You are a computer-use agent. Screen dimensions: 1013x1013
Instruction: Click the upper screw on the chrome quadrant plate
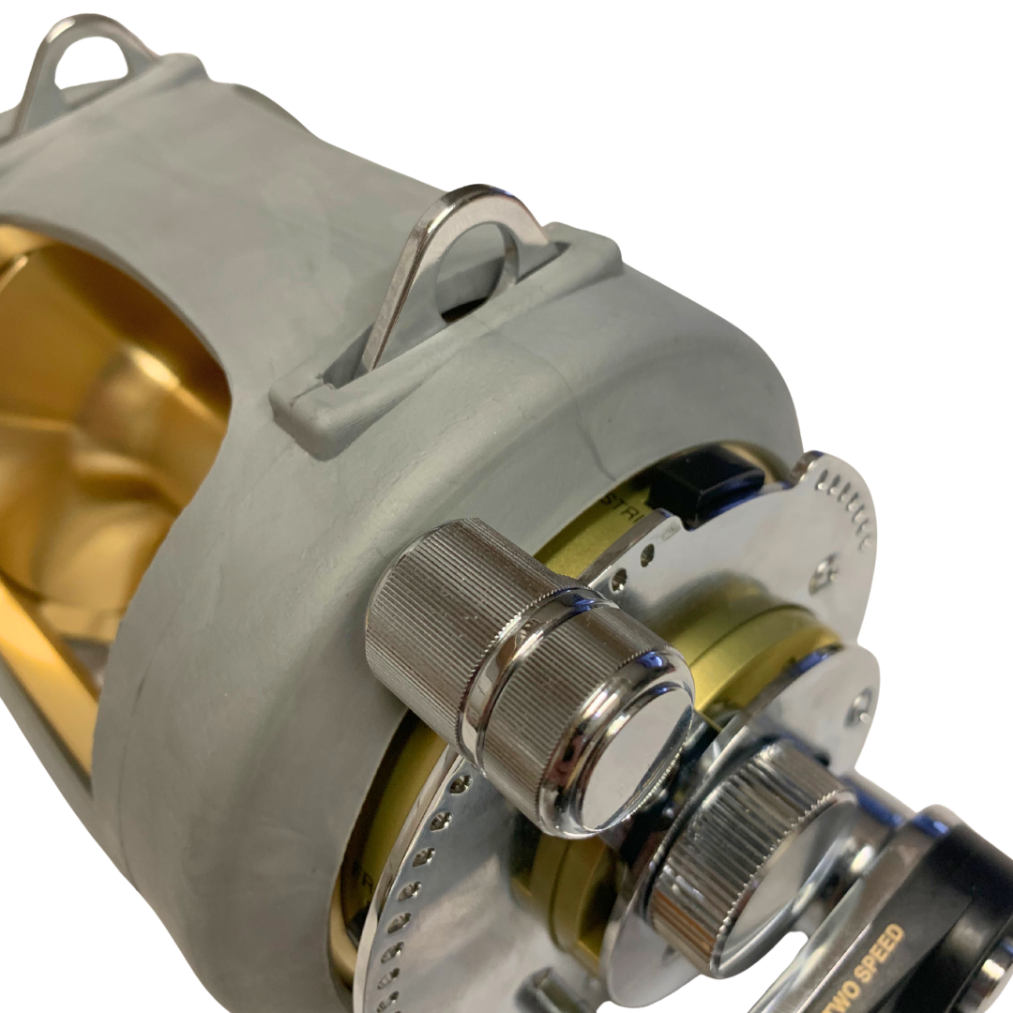[x=824, y=568]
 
